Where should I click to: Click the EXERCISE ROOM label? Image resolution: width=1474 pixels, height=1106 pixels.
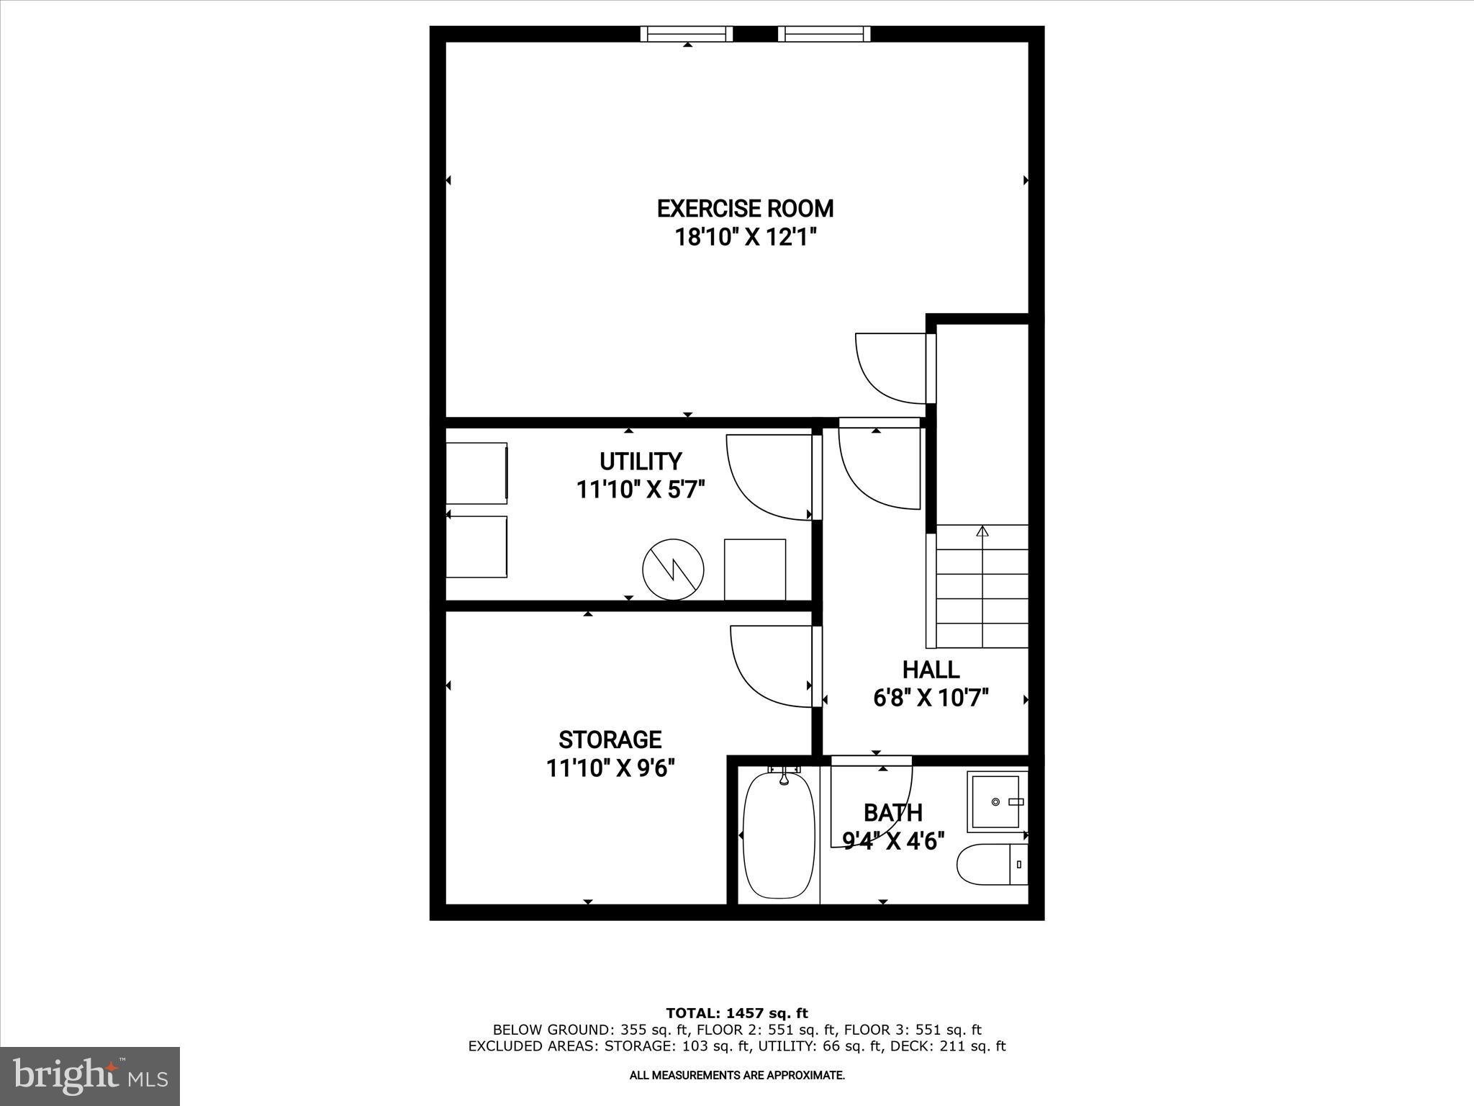745,209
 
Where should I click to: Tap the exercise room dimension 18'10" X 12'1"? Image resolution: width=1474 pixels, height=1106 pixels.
745,237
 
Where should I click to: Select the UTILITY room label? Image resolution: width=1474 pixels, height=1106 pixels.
641,461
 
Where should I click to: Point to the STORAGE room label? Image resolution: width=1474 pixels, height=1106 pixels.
610,739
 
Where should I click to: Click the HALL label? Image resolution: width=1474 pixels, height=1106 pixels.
931,670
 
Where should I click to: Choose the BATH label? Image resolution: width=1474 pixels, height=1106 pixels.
892,813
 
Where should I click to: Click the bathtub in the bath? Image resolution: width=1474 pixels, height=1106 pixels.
779,835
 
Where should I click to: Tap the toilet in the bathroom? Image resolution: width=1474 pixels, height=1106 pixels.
990,864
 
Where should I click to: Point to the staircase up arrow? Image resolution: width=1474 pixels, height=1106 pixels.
982,531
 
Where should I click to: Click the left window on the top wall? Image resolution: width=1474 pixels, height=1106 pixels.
687,34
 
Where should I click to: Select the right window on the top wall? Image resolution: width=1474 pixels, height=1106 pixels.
824,34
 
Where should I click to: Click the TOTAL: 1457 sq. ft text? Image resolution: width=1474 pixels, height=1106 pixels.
737,1014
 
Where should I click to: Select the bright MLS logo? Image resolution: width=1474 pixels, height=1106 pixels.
90,1076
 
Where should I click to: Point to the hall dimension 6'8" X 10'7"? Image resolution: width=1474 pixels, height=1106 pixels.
931,698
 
